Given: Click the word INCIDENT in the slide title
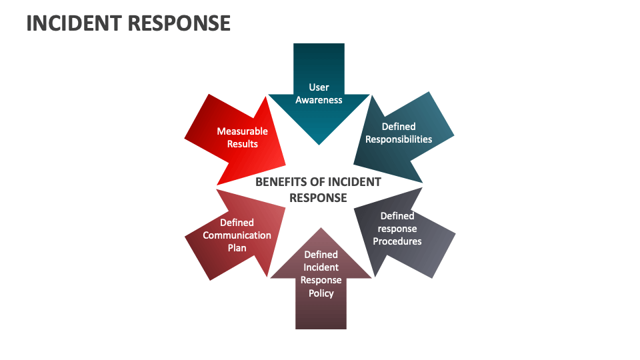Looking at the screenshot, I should coord(73,23).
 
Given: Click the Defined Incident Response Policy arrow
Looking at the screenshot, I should coord(321,293).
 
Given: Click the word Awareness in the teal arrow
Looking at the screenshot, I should coord(319,100).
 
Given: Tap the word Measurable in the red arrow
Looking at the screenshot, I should coord(242,131).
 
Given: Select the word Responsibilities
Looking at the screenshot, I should coord(399,139).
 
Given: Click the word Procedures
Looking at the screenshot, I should coord(397,241).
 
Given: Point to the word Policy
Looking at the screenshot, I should coord(321,293).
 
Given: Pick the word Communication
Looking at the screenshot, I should coord(237,235).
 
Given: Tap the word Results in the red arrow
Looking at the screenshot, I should coord(242,144).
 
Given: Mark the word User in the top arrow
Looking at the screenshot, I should coord(319,87).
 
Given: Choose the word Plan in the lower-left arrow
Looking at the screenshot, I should coord(237,248).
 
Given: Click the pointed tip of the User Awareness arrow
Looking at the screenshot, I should coord(319,143).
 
